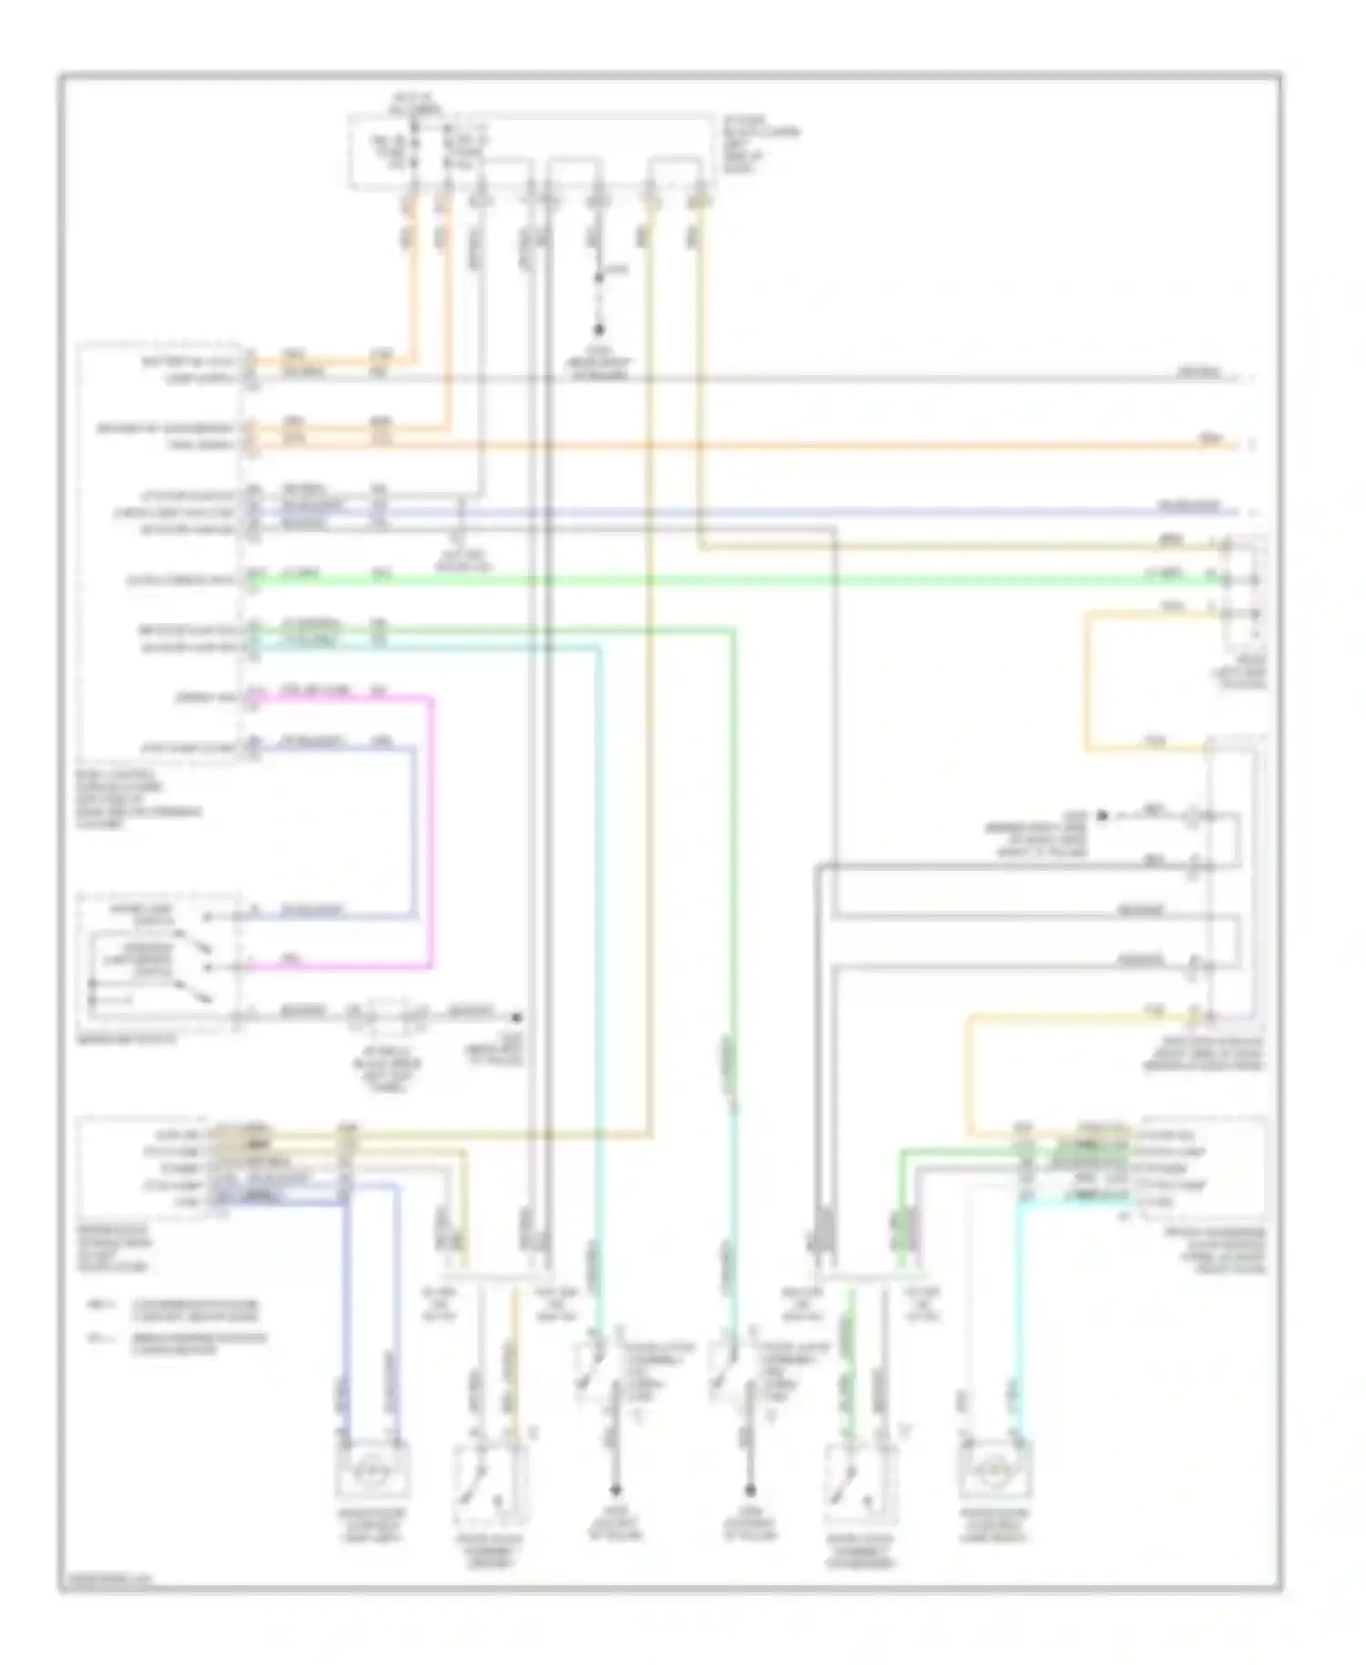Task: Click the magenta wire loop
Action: tap(431, 829)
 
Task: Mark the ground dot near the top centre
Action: tap(598, 330)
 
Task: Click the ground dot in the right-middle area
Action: tap(1101, 815)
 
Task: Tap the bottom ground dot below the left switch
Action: tap(617, 1492)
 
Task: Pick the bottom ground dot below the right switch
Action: tap(749, 1492)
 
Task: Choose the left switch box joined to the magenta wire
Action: tap(160, 961)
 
